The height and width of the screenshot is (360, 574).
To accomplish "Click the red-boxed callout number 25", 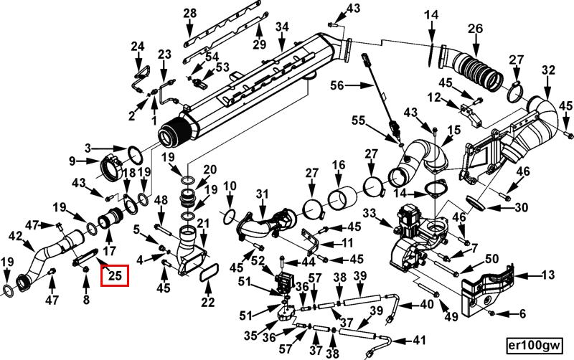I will (115, 273).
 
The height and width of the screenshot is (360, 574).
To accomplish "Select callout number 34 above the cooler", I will (281, 27).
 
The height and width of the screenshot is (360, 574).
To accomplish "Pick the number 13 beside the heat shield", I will (547, 274).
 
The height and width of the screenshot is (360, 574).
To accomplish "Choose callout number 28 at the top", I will (189, 14).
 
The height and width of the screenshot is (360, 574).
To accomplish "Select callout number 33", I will (370, 213).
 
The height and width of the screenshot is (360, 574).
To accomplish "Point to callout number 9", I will (72, 161).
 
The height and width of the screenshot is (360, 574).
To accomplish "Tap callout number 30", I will (520, 208).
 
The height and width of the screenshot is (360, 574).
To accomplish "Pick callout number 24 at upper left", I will (137, 47).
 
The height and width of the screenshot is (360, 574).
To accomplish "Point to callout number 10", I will (230, 187).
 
